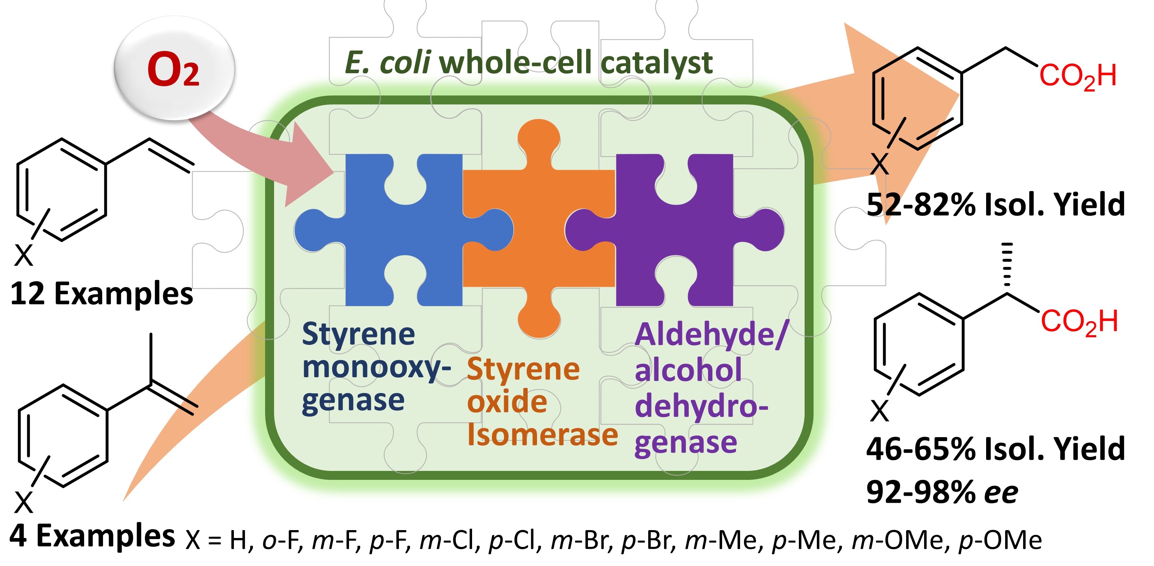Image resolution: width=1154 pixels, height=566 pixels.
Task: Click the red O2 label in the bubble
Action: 173,70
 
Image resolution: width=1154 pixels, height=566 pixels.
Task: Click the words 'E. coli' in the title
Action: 388,63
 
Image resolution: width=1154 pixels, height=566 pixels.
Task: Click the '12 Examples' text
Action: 102,294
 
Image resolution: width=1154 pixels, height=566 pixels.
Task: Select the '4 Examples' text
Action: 92,535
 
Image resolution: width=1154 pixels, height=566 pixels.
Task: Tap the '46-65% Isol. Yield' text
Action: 995,449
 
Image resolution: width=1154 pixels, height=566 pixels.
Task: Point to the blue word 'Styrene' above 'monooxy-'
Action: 358,334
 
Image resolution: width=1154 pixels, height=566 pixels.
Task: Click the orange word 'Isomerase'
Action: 542,435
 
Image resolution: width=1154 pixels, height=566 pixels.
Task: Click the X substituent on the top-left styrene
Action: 24,256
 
